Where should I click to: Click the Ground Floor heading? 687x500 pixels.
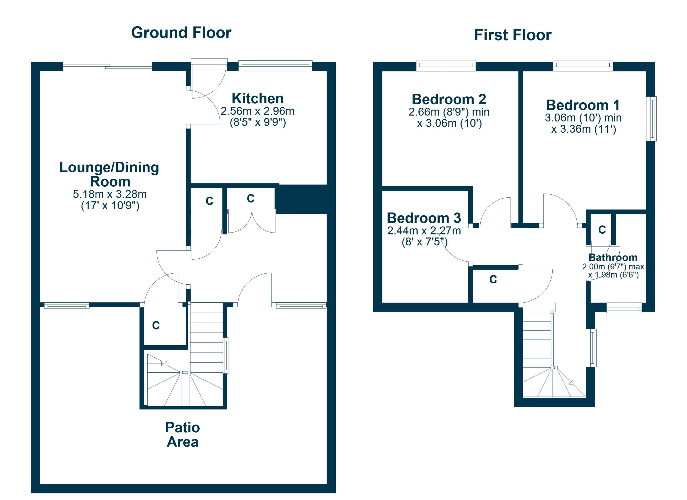(x=181, y=33)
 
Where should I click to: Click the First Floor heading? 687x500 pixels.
(x=513, y=35)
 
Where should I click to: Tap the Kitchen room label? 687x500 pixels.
(x=257, y=99)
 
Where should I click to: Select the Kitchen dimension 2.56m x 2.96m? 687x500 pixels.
(x=257, y=111)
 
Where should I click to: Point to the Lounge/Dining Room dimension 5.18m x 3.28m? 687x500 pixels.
(x=110, y=194)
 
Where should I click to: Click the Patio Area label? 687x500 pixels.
(x=183, y=434)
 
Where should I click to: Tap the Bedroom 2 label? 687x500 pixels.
(x=449, y=99)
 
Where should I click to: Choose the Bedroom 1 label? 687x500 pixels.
(x=583, y=105)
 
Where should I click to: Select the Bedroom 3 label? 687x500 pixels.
(x=424, y=218)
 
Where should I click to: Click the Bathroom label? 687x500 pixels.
(x=613, y=257)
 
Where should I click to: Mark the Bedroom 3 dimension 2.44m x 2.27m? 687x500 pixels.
(x=424, y=231)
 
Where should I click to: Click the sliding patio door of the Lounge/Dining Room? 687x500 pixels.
(x=108, y=66)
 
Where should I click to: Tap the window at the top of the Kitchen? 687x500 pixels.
(x=275, y=66)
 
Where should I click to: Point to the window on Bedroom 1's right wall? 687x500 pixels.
(x=652, y=119)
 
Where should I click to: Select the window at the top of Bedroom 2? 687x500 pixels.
(x=446, y=66)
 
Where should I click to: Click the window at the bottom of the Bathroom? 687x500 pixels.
(x=624, y=308)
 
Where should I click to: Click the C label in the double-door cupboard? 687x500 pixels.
(x=250, y=198)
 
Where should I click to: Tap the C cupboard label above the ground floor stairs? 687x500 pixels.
(x=156, y=325)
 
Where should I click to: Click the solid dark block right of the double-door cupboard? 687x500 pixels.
(x=305, y=199)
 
